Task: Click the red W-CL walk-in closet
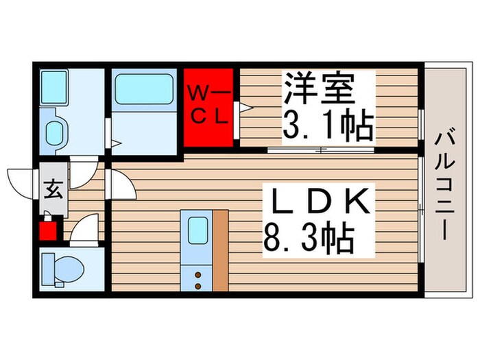[x=209, y=106]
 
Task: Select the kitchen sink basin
[x=197, y=229]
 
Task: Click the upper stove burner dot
[x=197, y=274]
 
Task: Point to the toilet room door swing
[x=84, y=230]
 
